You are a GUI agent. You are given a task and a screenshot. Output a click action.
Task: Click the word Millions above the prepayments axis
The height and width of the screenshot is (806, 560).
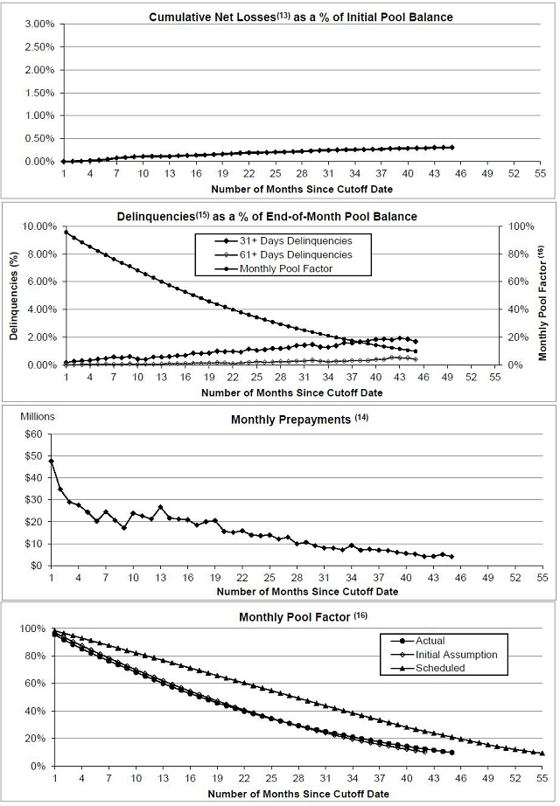[37, 416]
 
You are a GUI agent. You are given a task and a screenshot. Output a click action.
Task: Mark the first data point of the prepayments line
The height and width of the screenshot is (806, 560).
[52, 461]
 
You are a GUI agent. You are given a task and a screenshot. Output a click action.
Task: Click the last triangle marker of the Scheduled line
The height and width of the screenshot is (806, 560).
[542, 754]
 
